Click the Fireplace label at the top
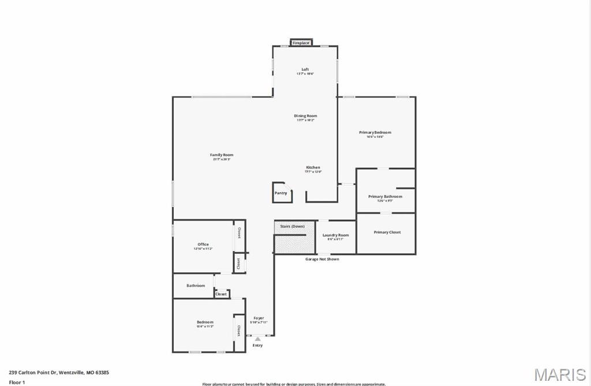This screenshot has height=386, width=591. click(301, 43)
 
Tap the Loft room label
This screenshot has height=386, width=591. click(305, 70)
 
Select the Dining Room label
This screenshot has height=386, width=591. click(305, 116)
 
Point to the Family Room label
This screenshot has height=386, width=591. click(222, 155)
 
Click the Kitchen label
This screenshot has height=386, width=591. click(313, 167)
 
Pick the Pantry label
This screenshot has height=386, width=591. click(281, 193)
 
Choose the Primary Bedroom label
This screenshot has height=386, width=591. click(375, 133)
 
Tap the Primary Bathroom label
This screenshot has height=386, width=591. click(385, 197)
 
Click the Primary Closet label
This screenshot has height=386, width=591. click(387, 233)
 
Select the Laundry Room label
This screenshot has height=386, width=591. click(335, 235)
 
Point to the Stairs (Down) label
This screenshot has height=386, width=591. click(293, 226)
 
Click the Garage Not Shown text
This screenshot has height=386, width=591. click(322, 260)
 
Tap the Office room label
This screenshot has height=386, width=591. click(203, 245)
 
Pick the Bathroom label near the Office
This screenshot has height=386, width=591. click(196, 286)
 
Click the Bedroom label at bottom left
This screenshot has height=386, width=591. click(205, 322)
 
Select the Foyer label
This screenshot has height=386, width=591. click(259, 318)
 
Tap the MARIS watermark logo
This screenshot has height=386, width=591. click(559, 374)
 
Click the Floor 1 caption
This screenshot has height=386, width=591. click(17, 382)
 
